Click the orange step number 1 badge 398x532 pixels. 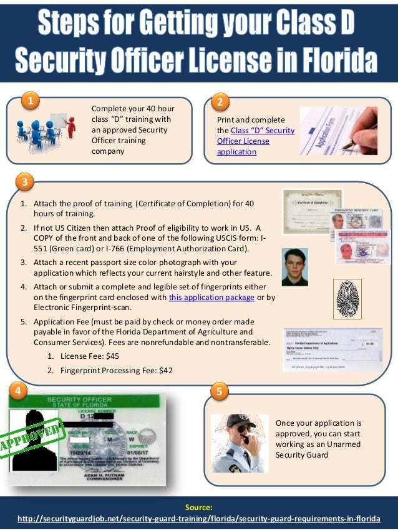coord(29,100)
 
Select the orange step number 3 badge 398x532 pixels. coord(24,183)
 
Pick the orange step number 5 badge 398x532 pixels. coord(220,391)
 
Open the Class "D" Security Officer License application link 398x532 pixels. coord(255,141)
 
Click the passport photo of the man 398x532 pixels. coord(294,267)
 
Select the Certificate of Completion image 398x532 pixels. coord(312,211)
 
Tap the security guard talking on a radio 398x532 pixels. coord(236,442)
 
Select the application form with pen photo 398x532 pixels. coord(339,131)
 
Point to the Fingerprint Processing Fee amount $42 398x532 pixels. coord(164,370)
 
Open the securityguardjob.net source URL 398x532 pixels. coord(199,519)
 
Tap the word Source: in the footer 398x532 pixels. coord(199,507)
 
